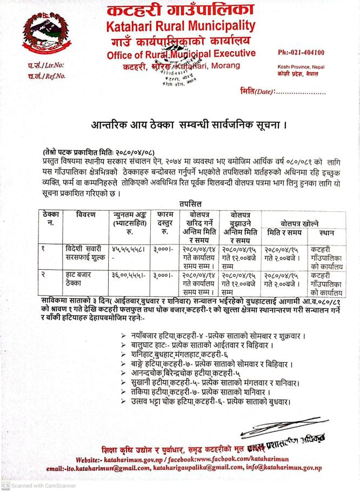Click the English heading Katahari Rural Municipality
tap(181, 25)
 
